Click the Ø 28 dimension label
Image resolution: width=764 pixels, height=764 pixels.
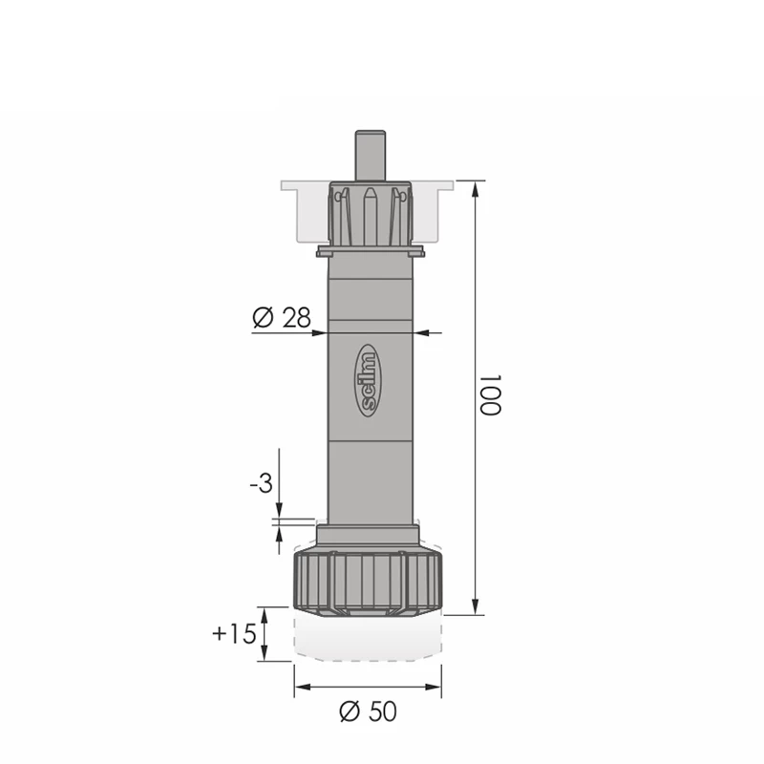pos(281,318)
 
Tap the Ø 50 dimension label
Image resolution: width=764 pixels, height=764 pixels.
pos(368,711)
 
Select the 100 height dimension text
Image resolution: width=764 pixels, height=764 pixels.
pos(490,394)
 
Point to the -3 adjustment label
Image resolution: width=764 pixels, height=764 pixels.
pos(261,484)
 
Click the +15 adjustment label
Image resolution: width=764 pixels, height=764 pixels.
pos(234,634)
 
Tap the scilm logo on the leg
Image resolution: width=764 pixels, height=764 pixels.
pos(370,381)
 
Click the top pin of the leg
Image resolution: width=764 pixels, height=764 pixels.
pos(371,156)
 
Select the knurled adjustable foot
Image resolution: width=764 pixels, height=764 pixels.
pos(369,584)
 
